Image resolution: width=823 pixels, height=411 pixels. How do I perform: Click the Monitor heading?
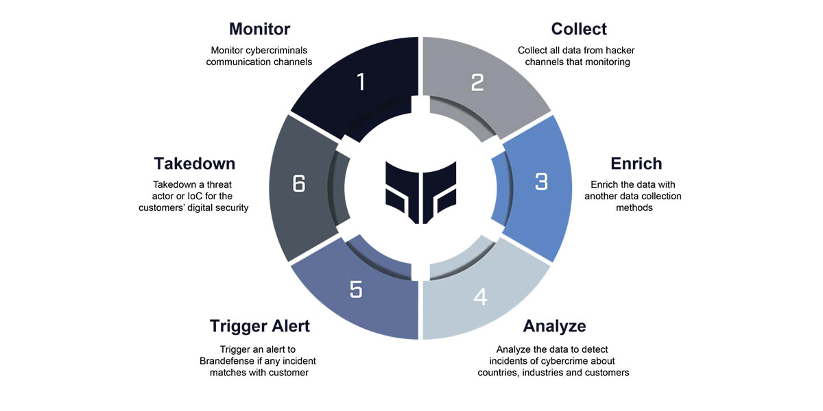[x=259, y=29]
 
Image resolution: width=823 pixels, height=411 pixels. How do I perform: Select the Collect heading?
[x=579, y=29]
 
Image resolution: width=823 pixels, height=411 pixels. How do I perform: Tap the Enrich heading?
[x=636, y=164]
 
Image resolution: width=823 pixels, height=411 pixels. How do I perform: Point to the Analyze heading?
[x=554, y=325]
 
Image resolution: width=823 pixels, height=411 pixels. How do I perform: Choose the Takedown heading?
[x=194, y=164]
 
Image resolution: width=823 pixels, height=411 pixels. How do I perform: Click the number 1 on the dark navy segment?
[x=361, y=83]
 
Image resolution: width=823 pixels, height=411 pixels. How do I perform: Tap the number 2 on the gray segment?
[x=478, y=83]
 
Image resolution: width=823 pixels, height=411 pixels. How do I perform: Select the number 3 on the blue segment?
[x=541, y=182]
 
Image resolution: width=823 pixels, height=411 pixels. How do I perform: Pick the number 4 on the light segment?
[x=480, y=297]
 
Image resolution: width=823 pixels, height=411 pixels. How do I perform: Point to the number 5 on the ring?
[x=355, y=290]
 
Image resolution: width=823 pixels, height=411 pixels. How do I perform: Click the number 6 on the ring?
[x=298, y=184]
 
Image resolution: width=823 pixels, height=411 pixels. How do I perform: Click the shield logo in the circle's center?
[x=420, y=192]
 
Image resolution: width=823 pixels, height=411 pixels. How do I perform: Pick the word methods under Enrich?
[x=636, y=208]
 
